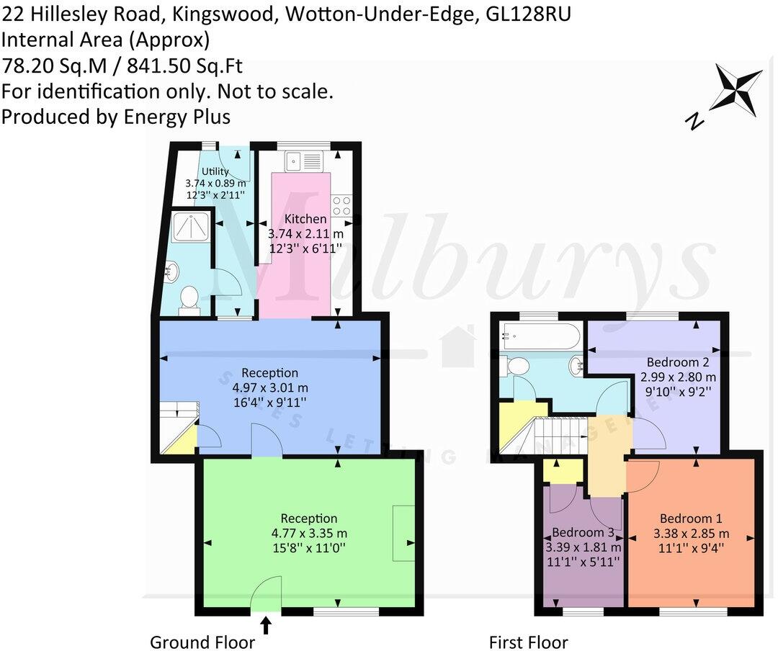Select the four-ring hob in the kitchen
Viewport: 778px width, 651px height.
[x=341, y=206]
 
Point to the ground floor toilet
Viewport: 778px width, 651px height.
[x=189, y=297]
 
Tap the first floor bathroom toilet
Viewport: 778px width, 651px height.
[x=516, y=366]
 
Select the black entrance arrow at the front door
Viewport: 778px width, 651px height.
[x=266, y=624]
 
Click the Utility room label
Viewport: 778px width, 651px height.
[x=215, y=171]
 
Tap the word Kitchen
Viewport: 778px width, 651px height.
[x=305, y=219]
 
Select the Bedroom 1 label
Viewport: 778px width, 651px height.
[x=691, y=518]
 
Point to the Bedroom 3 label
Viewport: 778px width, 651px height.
[x=583, y=532]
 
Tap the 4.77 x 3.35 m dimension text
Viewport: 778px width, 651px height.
[x=308, y=534]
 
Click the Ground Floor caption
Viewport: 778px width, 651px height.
[x=202, y=642]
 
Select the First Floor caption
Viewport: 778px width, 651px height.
[x=528, y=642]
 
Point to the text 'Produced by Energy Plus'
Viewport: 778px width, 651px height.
[x=116, y=117]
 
